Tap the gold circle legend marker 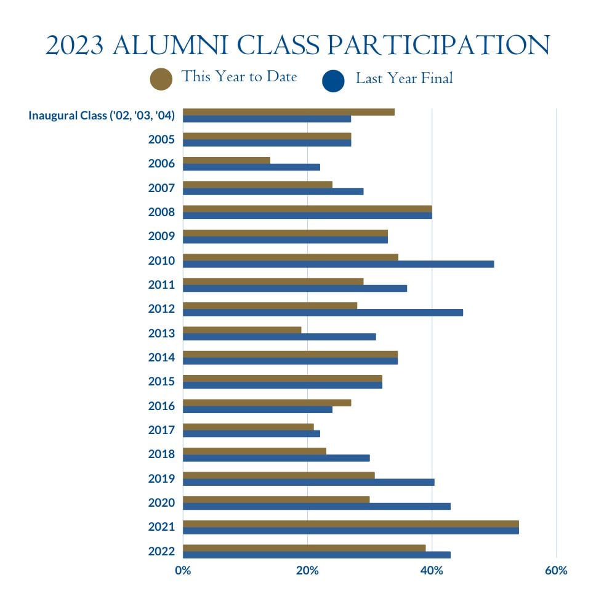pyautogui.click(x=161, y=79)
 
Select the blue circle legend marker pyautogui.click(x=333, y=81)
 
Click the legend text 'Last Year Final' pyautogui.click(x=404, y=78)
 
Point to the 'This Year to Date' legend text pyautogui.click(x=239, y=76)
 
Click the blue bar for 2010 pyautogui.click(x=338, y=264)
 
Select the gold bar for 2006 pyautogui.click(x=227, y=160)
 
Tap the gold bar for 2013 pyautogui.click(x=242, y=329)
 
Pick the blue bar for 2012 pyautogui.click(x=323, y=312)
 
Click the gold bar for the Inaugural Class pyautogui.click(x=289, y=112)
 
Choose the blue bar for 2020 pyautogui.click(x=316, y=506)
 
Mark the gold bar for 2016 pyautogui.click(x=267, y=402)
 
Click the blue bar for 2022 pyautogui.click(x=316, y=555)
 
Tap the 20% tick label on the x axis pyautogui.click(x=307, y=571)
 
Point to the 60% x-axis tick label pyautogui.click(x=556, y=571)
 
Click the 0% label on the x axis pyautogui.click(x=183, y=571)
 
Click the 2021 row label pyautogui.click(x=161, y=527)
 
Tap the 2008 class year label pyautogui.click(x=161, y=212)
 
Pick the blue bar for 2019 pyautogui.click(x=308, y=482)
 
